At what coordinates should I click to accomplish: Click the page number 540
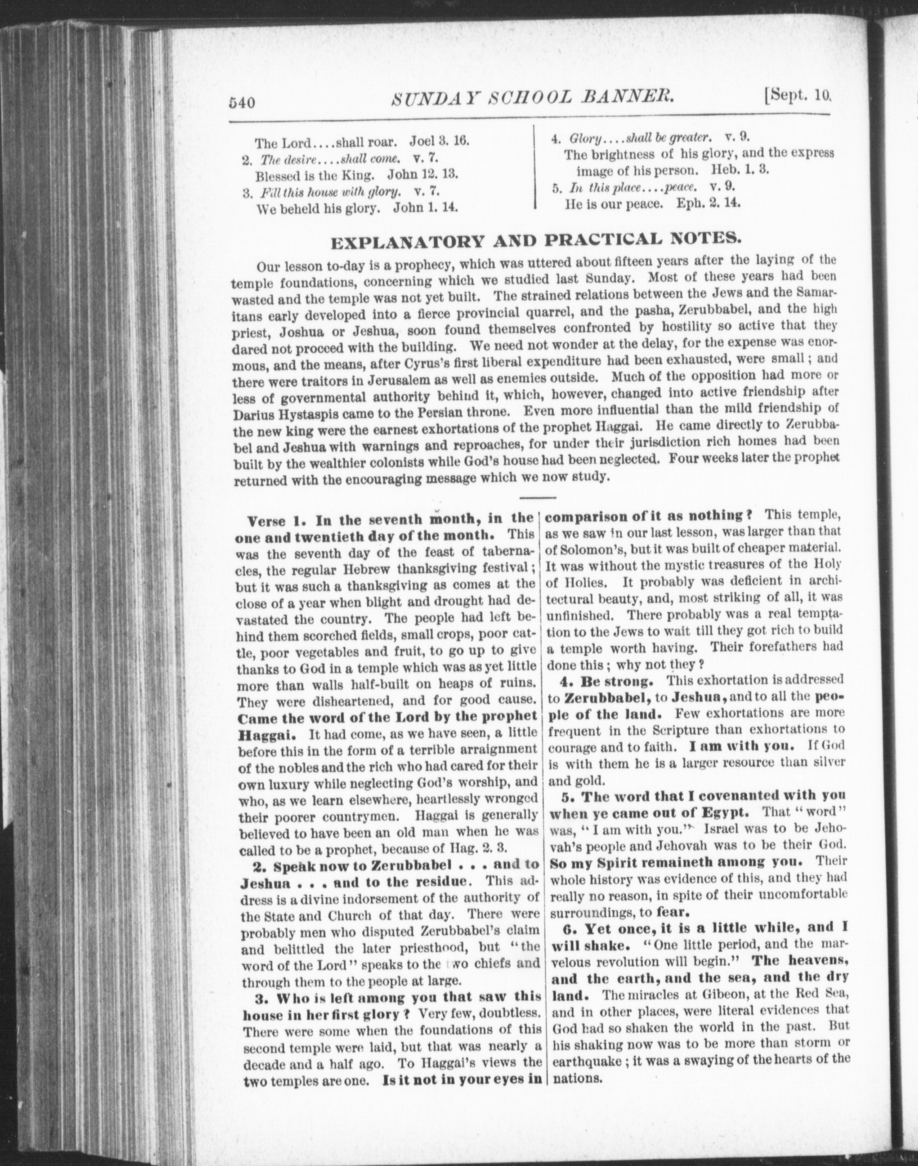click(243, 102)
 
